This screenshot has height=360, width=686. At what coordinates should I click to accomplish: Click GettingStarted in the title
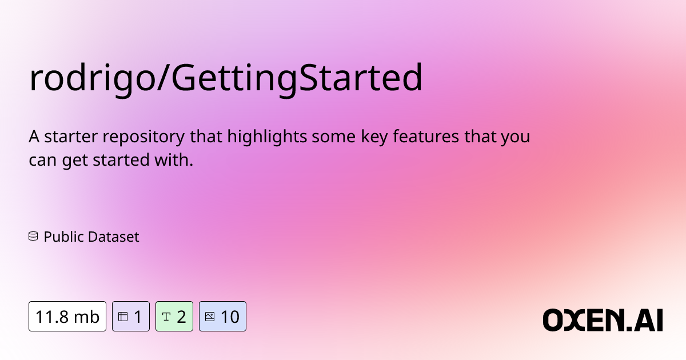click(298, 79)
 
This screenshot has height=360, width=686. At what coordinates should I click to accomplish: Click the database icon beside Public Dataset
click(33, 236)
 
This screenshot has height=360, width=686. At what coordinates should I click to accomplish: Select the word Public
click(63, 237)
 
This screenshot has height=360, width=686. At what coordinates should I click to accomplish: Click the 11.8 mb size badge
click(67, 316)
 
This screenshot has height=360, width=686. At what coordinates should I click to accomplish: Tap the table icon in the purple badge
click(122, 316)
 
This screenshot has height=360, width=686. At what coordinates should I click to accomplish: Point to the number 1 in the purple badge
click(138, 316)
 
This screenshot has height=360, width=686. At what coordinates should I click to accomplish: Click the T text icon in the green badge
click(166, 316)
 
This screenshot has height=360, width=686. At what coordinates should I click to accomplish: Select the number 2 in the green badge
click(181, 316)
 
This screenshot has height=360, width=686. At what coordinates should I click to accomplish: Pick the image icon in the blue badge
click(209, 316)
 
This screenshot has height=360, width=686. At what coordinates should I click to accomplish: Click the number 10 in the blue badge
click(230, 316)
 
